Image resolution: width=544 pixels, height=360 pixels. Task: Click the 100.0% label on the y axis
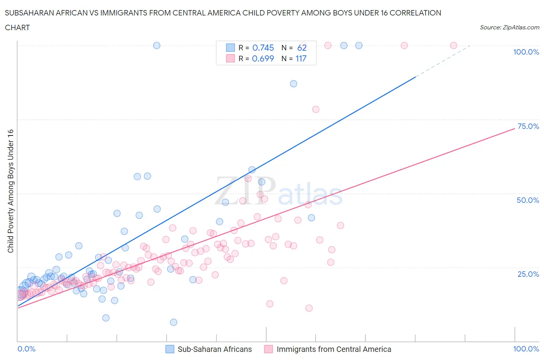tap(526, 52)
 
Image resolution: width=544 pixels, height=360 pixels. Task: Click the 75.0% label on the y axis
tap(528, 126)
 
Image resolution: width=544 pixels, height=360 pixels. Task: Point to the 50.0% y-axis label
tap(528, 200)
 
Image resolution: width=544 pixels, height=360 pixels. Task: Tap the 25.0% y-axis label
tap(528, 274)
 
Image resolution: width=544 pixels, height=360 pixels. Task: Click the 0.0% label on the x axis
tap(26, 349)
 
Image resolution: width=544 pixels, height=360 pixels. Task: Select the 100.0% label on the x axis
tap(526, 349)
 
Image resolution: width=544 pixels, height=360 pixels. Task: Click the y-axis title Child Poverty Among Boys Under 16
tap(10, 191)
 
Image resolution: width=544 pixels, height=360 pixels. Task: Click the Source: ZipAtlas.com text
tap(509, 27)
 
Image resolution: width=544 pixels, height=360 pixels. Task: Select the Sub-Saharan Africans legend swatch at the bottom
tap(169, 349)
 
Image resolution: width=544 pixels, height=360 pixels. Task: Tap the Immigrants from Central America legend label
tap(334, 349)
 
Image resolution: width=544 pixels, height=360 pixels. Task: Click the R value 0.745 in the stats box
tap(263, 48)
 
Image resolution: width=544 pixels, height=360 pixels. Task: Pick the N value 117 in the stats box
tap(301, 58)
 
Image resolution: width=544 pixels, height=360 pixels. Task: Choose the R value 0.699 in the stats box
tap(263, 58)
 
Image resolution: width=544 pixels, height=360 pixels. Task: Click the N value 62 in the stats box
tap(302, 48)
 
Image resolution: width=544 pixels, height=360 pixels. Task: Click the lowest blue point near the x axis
tap(173, 322)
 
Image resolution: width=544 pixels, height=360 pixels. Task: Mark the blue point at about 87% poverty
tap(294, 84)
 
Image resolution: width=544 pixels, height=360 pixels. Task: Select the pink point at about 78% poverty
tap(316, 110)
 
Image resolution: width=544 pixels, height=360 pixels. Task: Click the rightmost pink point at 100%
tap(453, 45)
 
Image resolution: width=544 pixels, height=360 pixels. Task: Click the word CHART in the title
tap(17, 27)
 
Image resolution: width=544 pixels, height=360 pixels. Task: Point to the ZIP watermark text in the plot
tap(245, 190)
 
